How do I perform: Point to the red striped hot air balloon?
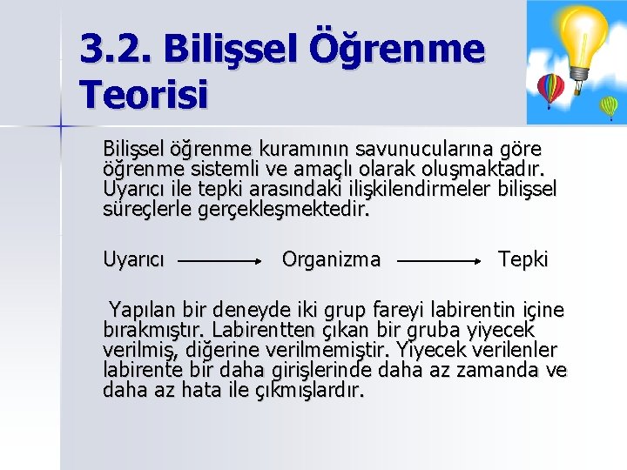(550, 88)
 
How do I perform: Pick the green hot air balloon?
(610, 106)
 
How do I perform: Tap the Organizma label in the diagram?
(331, 258)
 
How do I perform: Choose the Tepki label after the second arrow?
(522, 258)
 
